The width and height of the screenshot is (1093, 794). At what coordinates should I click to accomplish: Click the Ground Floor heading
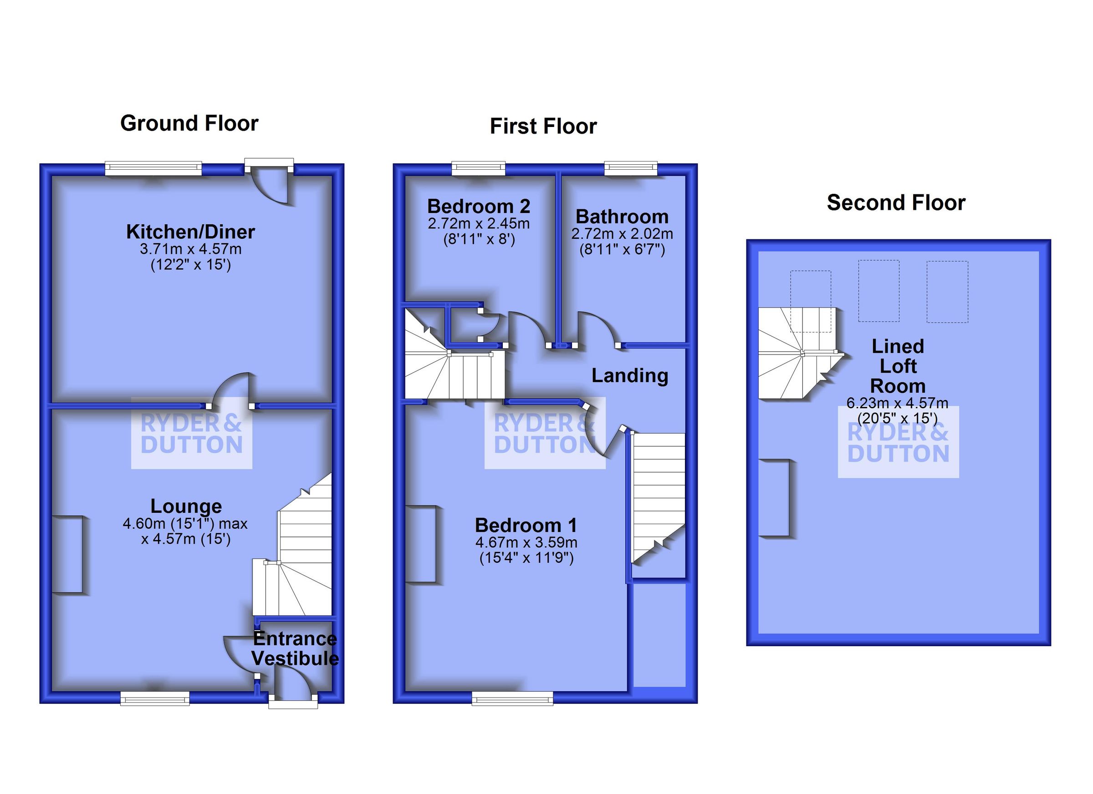189,123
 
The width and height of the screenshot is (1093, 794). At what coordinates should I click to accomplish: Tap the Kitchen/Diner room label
190,232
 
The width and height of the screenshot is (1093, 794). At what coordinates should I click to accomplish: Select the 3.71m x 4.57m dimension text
190,249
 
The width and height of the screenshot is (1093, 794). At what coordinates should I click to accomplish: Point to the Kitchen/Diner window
153,168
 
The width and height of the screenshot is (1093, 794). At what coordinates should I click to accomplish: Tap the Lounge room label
186,506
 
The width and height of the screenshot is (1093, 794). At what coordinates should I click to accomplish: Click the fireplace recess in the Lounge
67,554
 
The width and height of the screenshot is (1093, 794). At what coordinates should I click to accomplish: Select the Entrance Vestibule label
295,648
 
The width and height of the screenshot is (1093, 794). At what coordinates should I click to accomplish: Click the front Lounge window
155,698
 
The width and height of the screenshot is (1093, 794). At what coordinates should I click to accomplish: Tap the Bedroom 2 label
479,207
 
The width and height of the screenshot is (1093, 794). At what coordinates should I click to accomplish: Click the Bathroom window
631,168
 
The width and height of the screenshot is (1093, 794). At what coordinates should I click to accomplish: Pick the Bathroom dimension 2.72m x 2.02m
622,234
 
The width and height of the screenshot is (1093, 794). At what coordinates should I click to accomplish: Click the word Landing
629,375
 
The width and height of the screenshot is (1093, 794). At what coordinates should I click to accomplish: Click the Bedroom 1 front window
512,698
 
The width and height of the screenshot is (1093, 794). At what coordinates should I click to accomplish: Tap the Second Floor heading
896,203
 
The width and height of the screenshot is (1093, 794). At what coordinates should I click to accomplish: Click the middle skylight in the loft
878,291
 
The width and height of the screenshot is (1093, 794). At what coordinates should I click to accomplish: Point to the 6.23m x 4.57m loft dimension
897,403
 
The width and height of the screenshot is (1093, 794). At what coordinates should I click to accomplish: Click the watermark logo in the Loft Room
898,442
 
